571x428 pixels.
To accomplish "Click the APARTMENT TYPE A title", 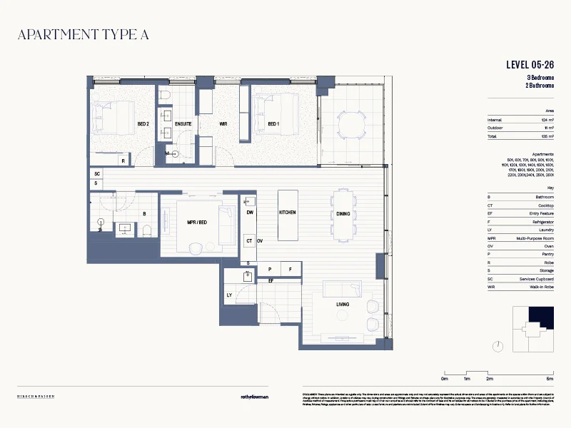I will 83,34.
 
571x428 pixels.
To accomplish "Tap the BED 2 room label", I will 143,124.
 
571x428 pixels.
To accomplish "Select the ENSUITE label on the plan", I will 183,124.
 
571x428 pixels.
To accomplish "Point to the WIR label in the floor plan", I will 223,124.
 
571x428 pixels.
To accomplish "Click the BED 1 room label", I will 273,124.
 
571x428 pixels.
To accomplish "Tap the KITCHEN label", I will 288,213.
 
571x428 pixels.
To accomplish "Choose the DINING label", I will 343,213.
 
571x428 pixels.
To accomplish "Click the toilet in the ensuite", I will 164,95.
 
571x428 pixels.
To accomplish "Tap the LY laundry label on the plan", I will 230,295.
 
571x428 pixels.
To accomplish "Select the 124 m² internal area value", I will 547,120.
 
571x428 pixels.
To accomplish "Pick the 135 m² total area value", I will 547,136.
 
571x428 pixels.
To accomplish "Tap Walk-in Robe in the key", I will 540,287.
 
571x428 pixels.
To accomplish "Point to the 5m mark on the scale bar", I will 549,379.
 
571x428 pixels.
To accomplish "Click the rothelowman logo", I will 253,397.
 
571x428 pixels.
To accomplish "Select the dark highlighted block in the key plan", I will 540,317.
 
